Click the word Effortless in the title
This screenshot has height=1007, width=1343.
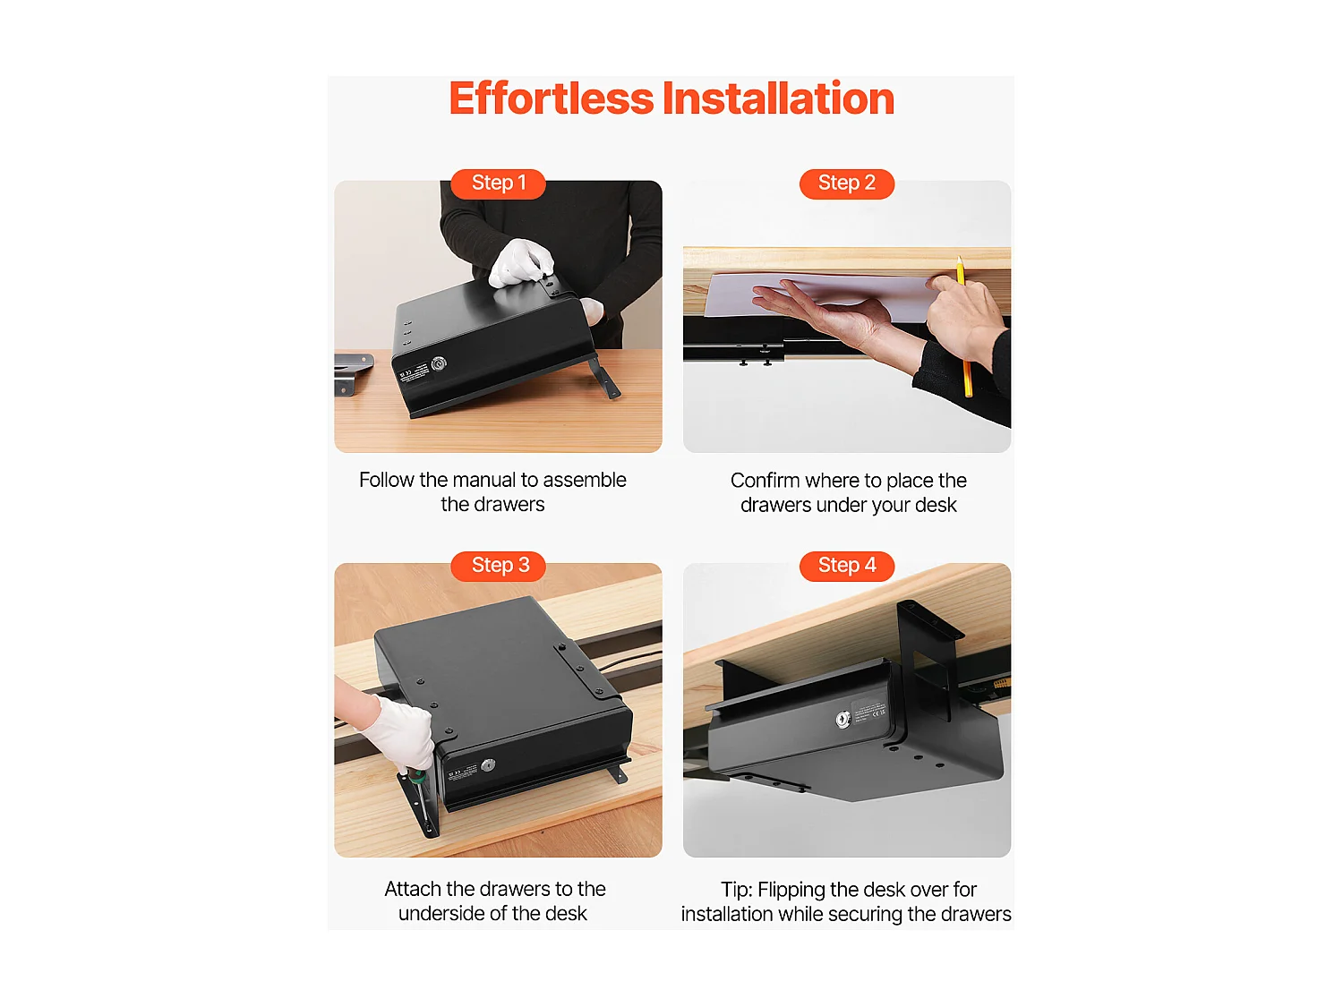pos(552,98)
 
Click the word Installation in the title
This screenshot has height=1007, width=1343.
pos(778,98)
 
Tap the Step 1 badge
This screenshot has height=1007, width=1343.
pos(498,183)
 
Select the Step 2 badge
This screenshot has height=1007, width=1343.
pos(847,183)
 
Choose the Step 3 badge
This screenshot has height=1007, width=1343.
pos(498,566)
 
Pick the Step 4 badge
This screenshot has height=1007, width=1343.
pos(847,566)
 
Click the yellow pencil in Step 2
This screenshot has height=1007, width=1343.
pos(963,328)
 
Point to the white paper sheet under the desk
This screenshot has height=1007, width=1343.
pos(820,294)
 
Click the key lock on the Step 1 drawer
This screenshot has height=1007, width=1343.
pos(439,364)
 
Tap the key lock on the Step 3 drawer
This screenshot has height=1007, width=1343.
pos(488,765)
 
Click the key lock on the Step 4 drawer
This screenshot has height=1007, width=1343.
pos(843,720)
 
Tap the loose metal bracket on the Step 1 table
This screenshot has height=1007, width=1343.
pos(353,373)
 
